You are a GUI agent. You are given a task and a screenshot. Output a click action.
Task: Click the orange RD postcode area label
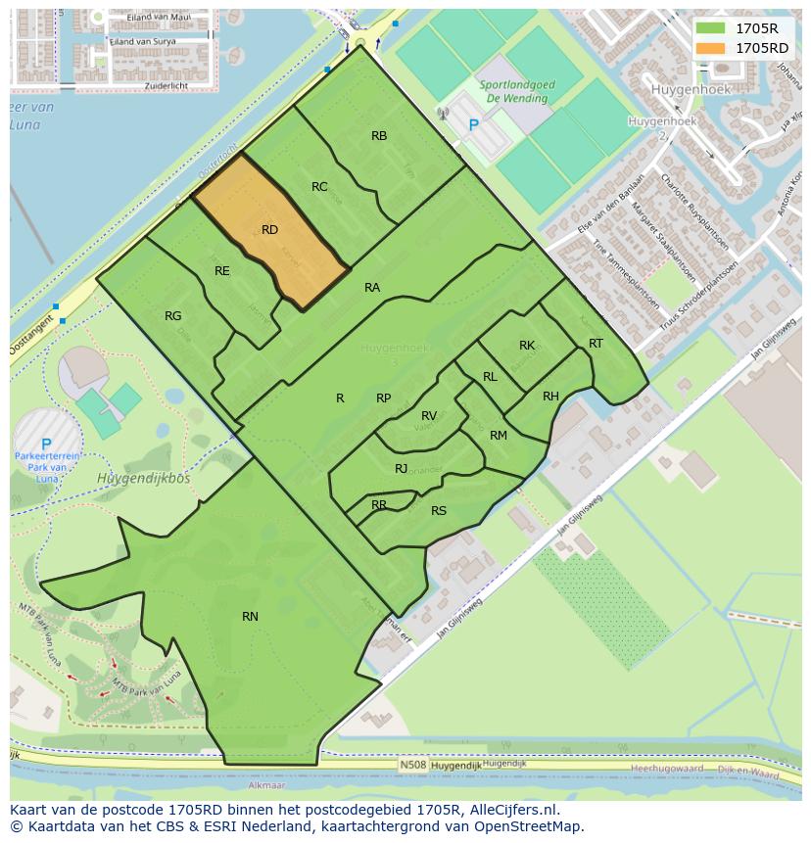270,230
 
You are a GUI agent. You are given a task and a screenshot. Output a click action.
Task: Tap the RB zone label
379,136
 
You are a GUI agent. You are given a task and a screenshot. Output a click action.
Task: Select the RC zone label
319,187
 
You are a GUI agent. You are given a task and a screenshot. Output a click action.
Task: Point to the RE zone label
222,271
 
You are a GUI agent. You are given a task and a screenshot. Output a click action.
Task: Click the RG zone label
173,316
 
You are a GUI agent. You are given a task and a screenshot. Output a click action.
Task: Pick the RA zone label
372,288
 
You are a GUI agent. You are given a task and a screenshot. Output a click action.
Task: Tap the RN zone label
250,616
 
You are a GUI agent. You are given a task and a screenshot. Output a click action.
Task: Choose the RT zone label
596,343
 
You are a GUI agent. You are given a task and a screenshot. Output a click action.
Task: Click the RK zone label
527,346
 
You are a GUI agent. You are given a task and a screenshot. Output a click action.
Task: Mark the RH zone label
550,397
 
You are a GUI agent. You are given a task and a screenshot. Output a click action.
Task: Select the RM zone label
499,436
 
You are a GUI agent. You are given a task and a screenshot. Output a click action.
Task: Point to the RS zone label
439,511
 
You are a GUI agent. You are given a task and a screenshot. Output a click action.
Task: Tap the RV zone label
429,416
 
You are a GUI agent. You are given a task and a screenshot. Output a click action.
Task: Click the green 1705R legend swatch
712,28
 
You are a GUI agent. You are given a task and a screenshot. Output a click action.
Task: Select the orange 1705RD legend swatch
712,47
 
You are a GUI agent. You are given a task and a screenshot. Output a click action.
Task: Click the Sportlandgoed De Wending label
517,92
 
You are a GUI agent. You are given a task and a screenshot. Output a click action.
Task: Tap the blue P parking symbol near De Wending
475,125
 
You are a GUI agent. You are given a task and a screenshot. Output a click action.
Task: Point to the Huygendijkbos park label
143,478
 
